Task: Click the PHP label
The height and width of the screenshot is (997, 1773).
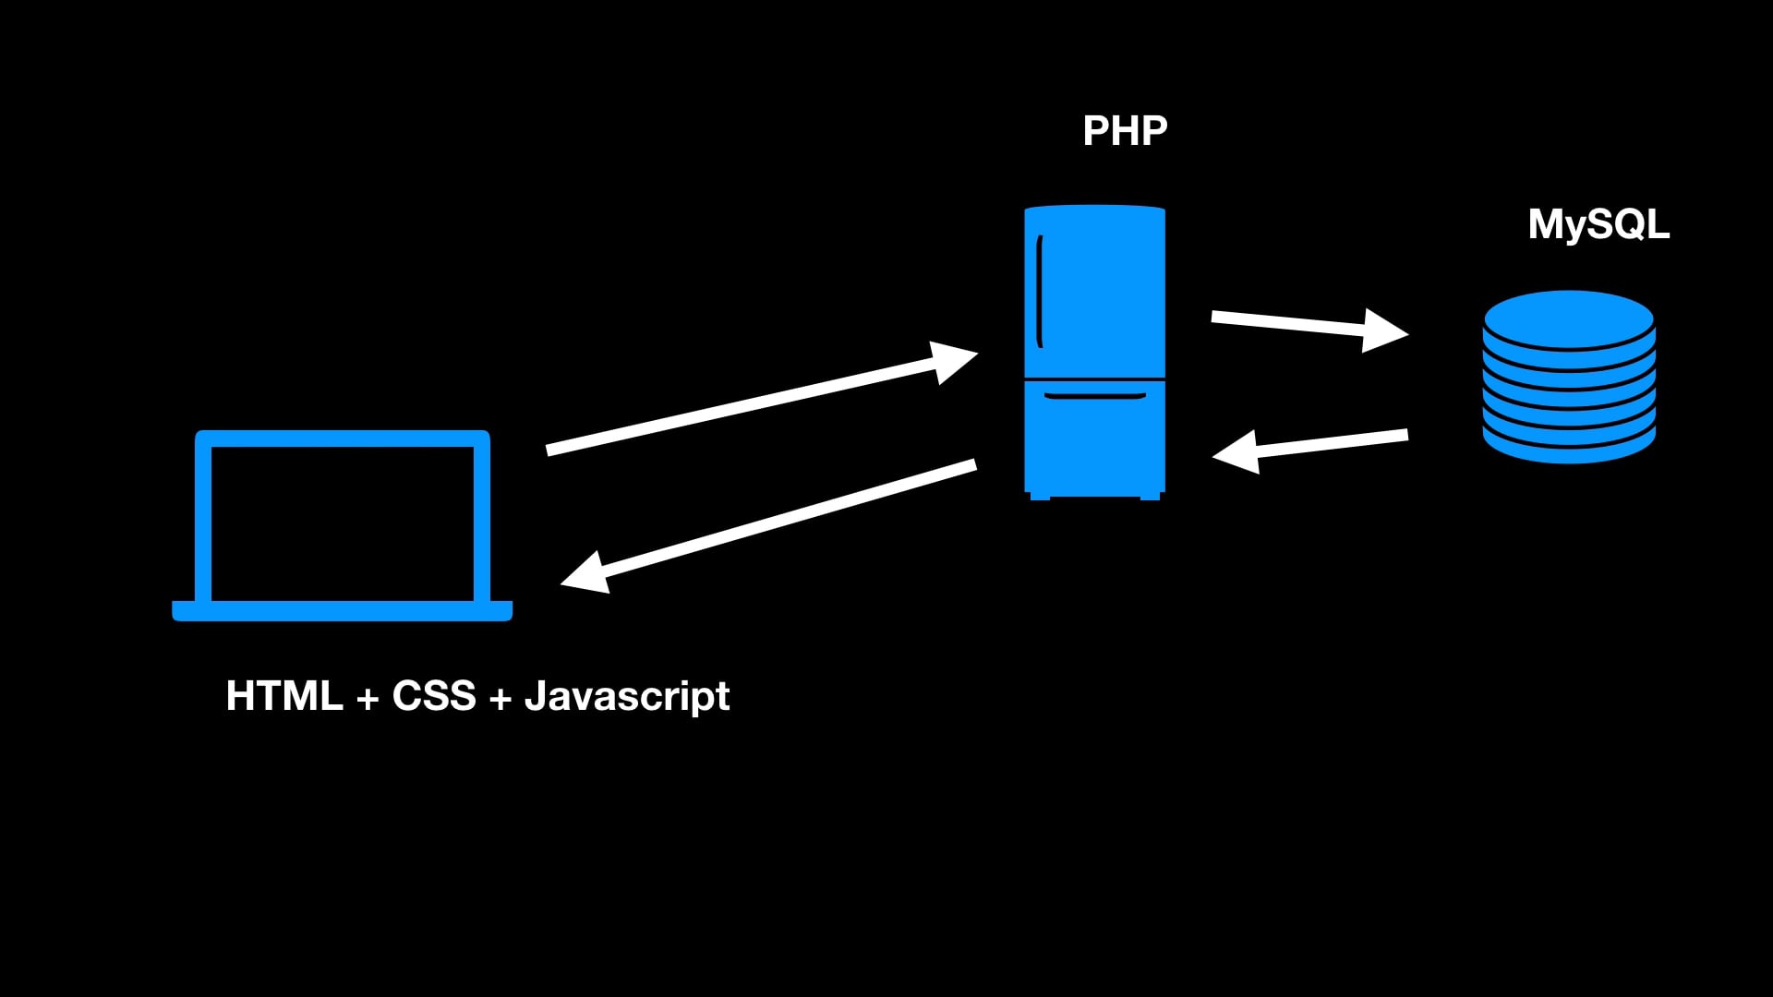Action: tap(1125, 131)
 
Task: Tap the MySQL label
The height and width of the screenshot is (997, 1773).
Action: tap(1598, 224)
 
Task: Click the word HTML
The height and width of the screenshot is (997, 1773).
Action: tap(284, 696)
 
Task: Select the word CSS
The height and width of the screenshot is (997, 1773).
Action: tap(434, 696)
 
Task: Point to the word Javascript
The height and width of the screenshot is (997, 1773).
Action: tap(627, 697)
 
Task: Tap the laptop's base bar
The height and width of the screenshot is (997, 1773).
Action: tap(343, 611)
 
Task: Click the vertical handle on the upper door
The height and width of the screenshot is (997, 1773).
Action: tap(1040, 291)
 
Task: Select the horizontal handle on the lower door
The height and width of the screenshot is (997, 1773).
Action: tap(1094, 396)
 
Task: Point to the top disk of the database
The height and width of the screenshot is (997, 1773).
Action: tap(1568, 318)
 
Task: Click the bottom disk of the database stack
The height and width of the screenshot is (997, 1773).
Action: tap(1568, 448)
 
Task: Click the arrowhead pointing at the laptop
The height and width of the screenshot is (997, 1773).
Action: tap(586, 574)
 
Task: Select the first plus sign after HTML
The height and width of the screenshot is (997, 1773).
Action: tap(368, 699)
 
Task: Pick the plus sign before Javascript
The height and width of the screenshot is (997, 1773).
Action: tap(501, 699)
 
